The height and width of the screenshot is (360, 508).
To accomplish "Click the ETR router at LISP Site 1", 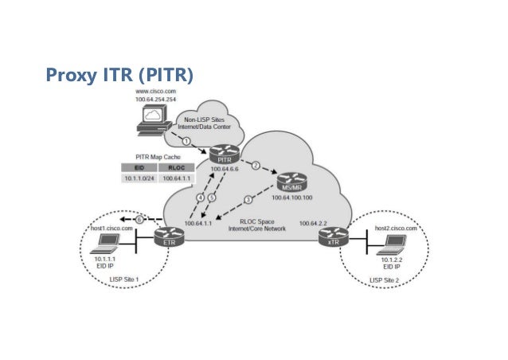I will [169, 237].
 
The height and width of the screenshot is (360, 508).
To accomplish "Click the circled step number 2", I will [256, 166].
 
